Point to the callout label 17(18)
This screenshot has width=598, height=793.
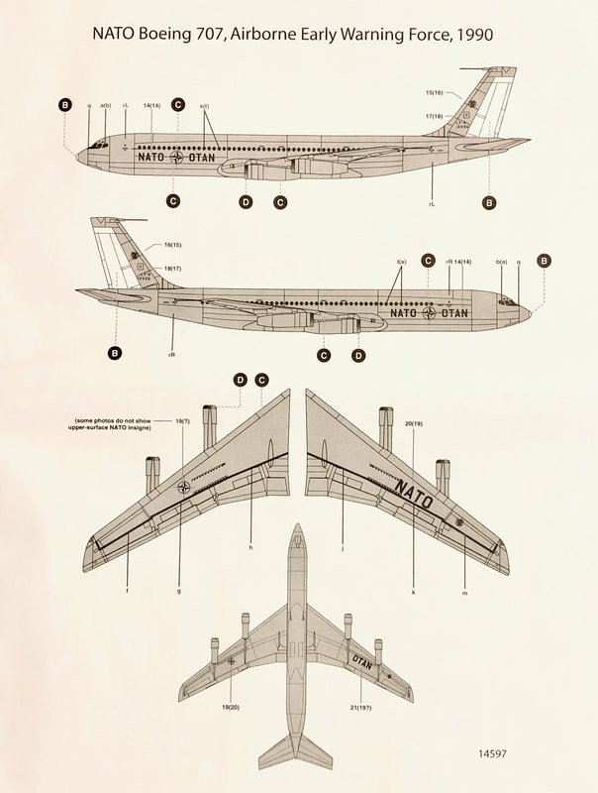pos(434,117)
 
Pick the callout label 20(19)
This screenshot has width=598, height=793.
pos(413,422)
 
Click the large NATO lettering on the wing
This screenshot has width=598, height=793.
pos(413,494)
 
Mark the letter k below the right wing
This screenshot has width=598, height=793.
pos(413,592)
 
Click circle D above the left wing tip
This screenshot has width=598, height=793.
pos(241,380)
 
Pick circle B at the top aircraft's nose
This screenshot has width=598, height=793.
pos(65,105)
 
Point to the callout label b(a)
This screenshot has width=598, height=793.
pos(501,262)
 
